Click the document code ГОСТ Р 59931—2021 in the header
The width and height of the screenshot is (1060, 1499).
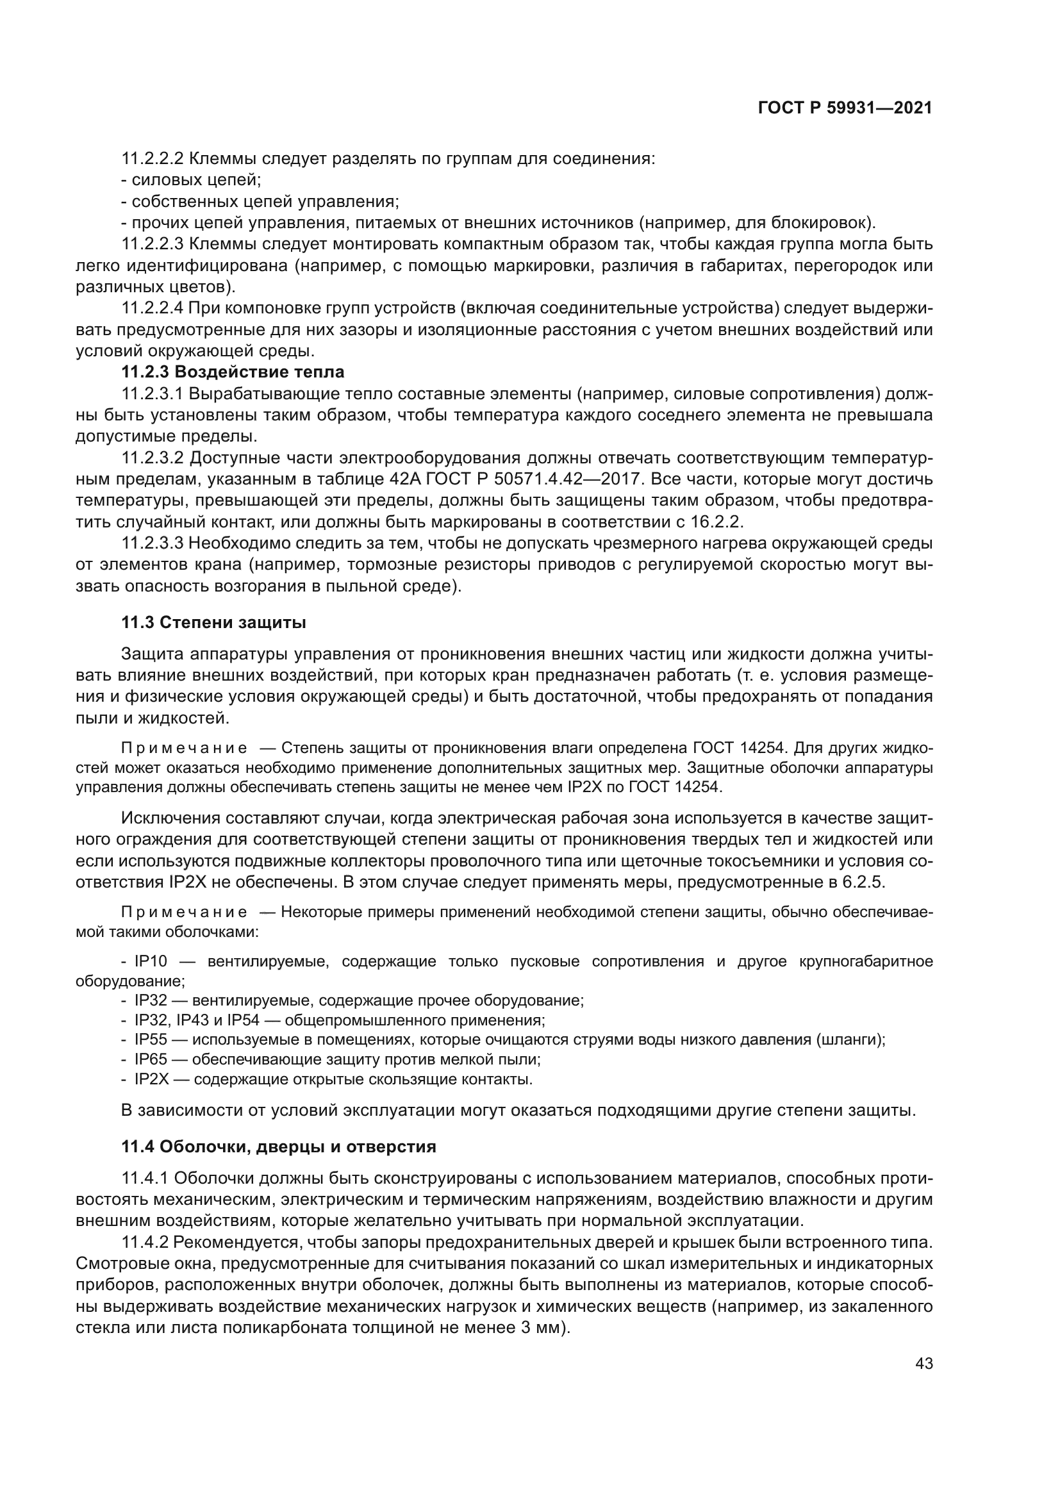pos(845,108)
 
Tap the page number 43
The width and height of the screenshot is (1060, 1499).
pos(923,1363)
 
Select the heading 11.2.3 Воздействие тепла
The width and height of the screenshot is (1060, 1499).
pos(233,372)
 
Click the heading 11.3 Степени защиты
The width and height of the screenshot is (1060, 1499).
pos(213,622)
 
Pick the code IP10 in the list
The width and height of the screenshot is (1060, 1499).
pos(151,961)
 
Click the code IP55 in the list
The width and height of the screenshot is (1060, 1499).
pos(151,1039)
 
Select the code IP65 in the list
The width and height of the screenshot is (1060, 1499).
pos(151,1059)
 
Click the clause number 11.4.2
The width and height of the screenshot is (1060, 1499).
pos(145,1241)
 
